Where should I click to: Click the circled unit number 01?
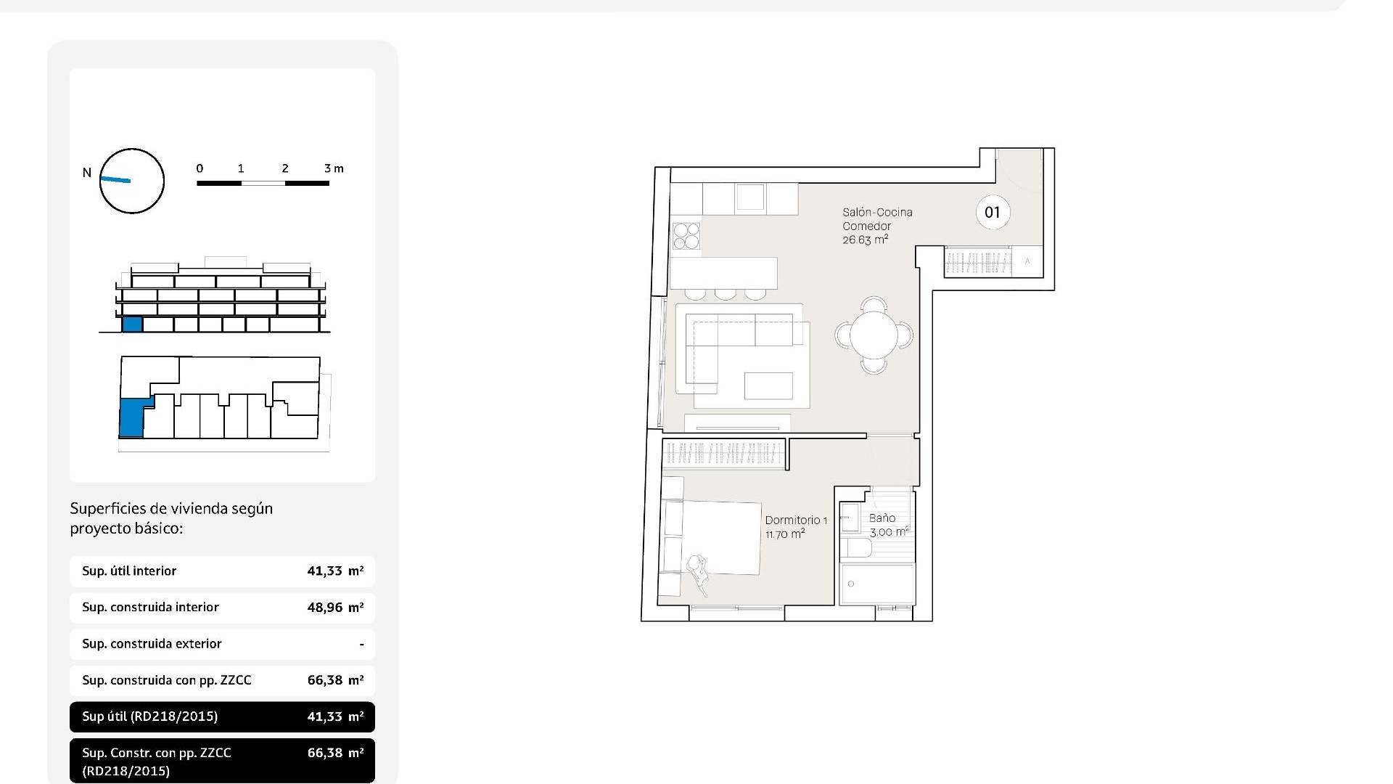pos(992,213)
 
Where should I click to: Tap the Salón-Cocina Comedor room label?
pos(876,226)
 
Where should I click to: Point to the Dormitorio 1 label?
pos(795,527)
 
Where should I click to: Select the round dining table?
pos(874,335)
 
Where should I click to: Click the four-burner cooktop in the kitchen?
pos(686,235)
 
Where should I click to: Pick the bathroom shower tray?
pos(876,584)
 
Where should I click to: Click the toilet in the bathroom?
pos(855,547)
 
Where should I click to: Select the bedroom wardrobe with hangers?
pos(723,454)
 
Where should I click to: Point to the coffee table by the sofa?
pos(768,385)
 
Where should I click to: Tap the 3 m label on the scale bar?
pos(334,168)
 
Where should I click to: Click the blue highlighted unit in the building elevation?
pos(131,324)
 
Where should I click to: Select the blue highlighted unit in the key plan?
pos(131,419)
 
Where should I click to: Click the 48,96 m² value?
pos(334,608)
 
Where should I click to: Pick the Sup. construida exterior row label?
pos(152,644)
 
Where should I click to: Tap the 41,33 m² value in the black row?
pos(334,716)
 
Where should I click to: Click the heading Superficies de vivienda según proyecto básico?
pos(171,518)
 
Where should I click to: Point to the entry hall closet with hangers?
pos(977,262)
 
